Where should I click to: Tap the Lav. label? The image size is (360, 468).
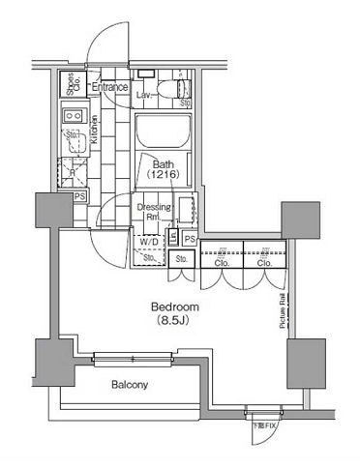click(142, 96)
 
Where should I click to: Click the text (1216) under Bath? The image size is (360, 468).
click(162, 176)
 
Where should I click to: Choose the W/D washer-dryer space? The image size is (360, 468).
click(148, 242)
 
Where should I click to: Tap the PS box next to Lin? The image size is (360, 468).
click(190, 239)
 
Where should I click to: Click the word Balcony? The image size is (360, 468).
click(129, 386)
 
